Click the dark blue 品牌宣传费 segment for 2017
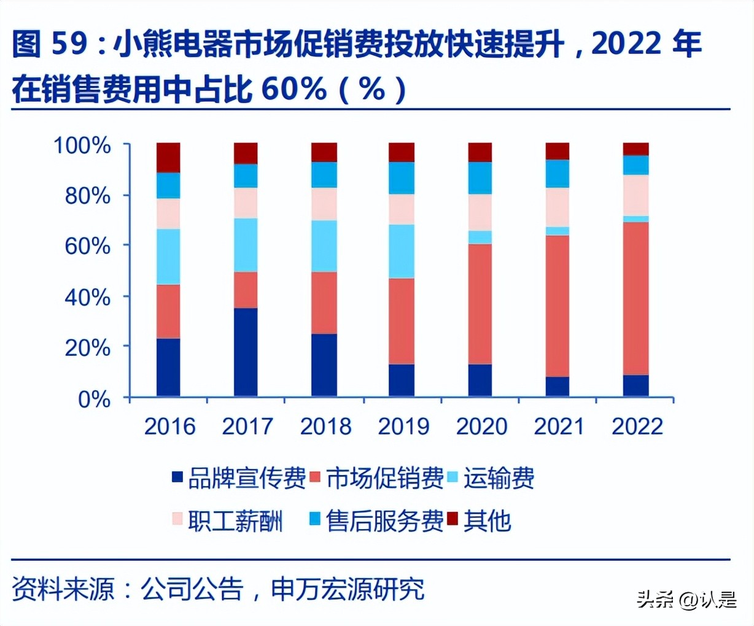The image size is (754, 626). (x=246, y=352)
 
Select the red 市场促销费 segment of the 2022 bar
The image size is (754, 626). (x=635, y=298)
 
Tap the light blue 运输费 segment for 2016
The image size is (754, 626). (x=168, y=257)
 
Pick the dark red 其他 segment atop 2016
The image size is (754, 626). (x=168, y=157)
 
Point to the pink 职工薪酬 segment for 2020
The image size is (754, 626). (x=480, y=212)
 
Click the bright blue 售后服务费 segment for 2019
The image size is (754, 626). (x=402, y=178)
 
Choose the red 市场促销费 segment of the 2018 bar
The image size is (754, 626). (x=324, y=303)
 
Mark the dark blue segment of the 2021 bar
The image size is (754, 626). (x=557, y=386)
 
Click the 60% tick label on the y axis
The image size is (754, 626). (x=88, y=247)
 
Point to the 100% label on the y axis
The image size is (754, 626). (x=82, y=146)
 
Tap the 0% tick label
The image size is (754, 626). (x=94, y=400)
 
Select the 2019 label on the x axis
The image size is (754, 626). (x=403, y=427)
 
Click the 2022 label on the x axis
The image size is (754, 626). (x=637, y=427)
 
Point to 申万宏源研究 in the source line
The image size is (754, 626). (x=348, y=589)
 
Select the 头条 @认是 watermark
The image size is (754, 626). (x=686, y=599)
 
